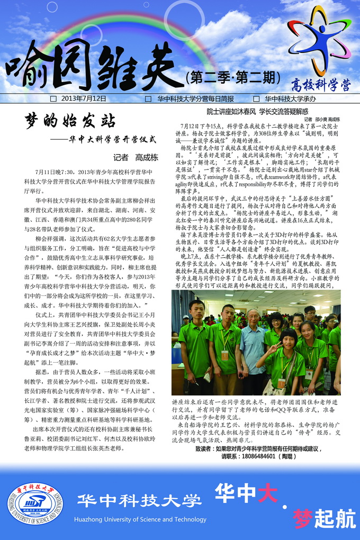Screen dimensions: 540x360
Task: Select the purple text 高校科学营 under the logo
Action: click(321, 84)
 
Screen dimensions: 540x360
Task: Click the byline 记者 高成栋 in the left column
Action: click(136, 157)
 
